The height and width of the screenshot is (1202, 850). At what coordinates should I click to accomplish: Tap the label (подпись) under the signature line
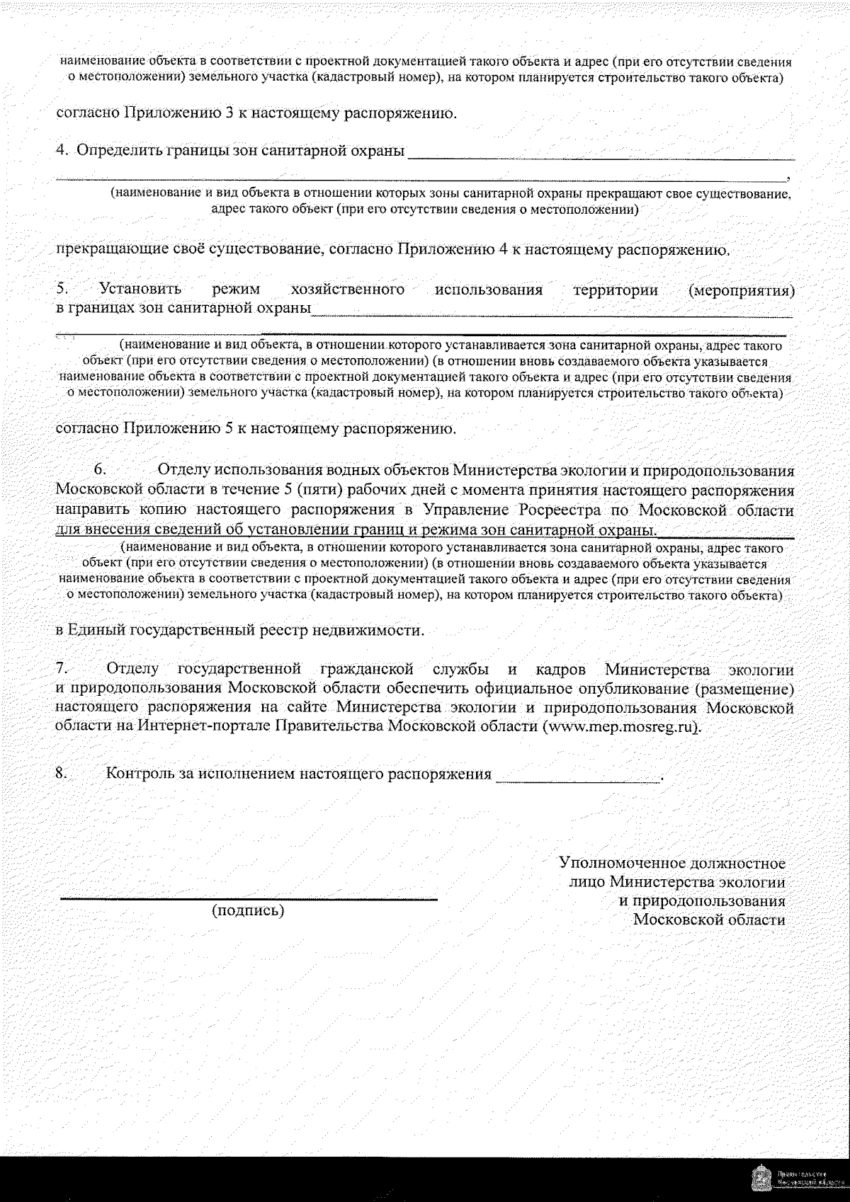pyautogui.click(x=248, y=910)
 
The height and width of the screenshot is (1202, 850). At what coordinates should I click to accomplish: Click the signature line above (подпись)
pyautogui.click(x=248, y=899)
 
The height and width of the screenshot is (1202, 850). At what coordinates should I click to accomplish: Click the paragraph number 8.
pyautogui.click(x=61, y=773)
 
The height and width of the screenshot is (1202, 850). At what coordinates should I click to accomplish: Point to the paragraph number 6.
pyautogui.click(x=100, y=470)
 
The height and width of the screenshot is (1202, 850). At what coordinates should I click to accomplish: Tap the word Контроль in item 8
pyautogui.click(x=139, y=773)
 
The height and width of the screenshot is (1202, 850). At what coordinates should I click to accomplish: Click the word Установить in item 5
pyautogui.click(x=140, y=290)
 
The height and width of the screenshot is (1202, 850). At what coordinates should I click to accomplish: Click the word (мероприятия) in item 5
pyautogui.click(x=742, y=290)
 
